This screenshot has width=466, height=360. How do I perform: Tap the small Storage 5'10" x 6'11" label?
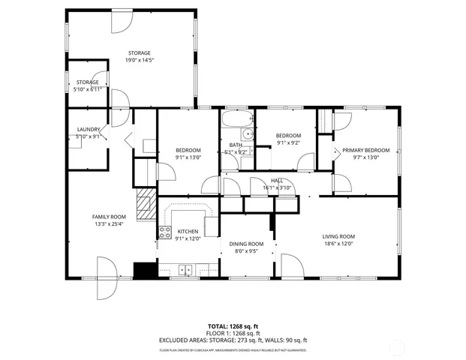point(88,85)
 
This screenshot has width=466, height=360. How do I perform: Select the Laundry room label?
point(88,133)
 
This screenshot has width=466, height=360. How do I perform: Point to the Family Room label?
point(107,220)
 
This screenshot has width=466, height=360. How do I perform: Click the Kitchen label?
point(187,235)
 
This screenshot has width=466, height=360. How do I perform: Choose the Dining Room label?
point(246,247)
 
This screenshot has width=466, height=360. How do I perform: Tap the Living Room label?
point(338,239)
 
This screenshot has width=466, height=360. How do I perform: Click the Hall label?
point(277,184)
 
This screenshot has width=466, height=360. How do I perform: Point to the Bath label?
point(236,148)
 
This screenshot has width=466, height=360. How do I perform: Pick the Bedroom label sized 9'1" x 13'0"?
point(188,153)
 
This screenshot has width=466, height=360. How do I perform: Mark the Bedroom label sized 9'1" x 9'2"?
point(289,139)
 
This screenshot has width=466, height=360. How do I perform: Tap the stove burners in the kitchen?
point(164,232)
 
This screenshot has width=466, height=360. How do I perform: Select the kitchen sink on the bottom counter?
point(185,269)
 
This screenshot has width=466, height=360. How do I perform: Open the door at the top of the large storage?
point(120,20)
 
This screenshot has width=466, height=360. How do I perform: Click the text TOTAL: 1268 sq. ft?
point(233,326)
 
